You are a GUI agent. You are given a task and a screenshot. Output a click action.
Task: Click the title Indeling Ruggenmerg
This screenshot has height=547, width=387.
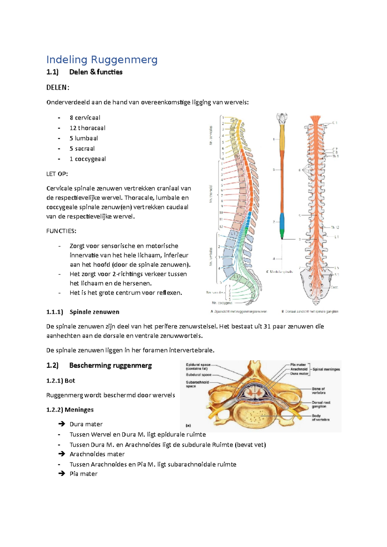coord(102,60)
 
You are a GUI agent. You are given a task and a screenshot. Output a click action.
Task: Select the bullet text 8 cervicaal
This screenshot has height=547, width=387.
coord(85,118)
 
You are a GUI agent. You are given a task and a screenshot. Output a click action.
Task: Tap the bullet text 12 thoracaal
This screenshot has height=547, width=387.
coord(87,128)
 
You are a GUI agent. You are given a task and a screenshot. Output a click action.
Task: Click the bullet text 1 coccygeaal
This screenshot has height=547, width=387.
coord(88,159)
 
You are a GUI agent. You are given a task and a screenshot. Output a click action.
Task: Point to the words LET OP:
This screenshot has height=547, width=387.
coord(57,174)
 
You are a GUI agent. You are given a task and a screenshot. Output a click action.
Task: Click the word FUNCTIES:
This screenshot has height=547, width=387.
coord(61,231)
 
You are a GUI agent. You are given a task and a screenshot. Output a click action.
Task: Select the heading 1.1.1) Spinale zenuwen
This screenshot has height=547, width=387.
coord(83,312)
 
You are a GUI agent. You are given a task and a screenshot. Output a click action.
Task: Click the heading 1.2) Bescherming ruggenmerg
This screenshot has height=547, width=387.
coord(99,366)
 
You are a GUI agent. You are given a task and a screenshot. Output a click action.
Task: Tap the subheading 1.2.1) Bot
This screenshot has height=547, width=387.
coord(61,381)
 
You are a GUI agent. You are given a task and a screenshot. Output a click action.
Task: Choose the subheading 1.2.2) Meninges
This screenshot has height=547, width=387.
coord(70,410)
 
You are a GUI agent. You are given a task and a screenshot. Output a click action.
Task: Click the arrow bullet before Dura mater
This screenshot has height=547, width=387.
coord(62,424)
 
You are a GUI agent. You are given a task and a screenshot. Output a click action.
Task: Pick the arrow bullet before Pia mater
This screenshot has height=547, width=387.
coord(62,474)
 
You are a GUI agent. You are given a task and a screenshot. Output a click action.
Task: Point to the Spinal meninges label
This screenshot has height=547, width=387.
coord(326,369)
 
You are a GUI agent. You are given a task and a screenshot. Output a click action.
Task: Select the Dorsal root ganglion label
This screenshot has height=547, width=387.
coord(321,405)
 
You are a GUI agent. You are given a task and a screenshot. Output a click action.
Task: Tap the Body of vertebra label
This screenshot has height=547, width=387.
coord(320,418)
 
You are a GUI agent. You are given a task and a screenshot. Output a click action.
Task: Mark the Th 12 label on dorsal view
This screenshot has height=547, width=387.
coord(335,227)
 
